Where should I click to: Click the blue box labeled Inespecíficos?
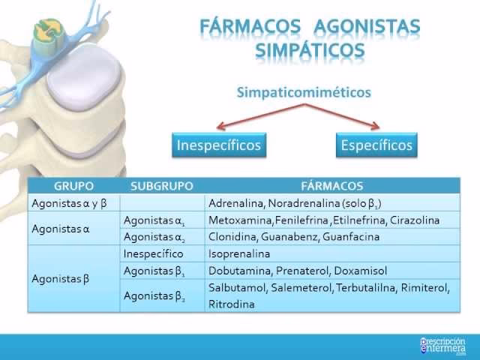click(218, 145)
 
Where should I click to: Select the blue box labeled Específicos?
click(376, 145)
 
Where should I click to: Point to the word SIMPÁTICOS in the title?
click(309, 52)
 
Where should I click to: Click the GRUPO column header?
click(73, 186)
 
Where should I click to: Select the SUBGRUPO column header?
click(162, 186)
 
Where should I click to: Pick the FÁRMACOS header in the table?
click(331, 186)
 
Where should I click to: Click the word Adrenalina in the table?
click(234, 203)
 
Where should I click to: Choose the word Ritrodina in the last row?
click(232, 304)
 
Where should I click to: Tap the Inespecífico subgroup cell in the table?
click(153, 254)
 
